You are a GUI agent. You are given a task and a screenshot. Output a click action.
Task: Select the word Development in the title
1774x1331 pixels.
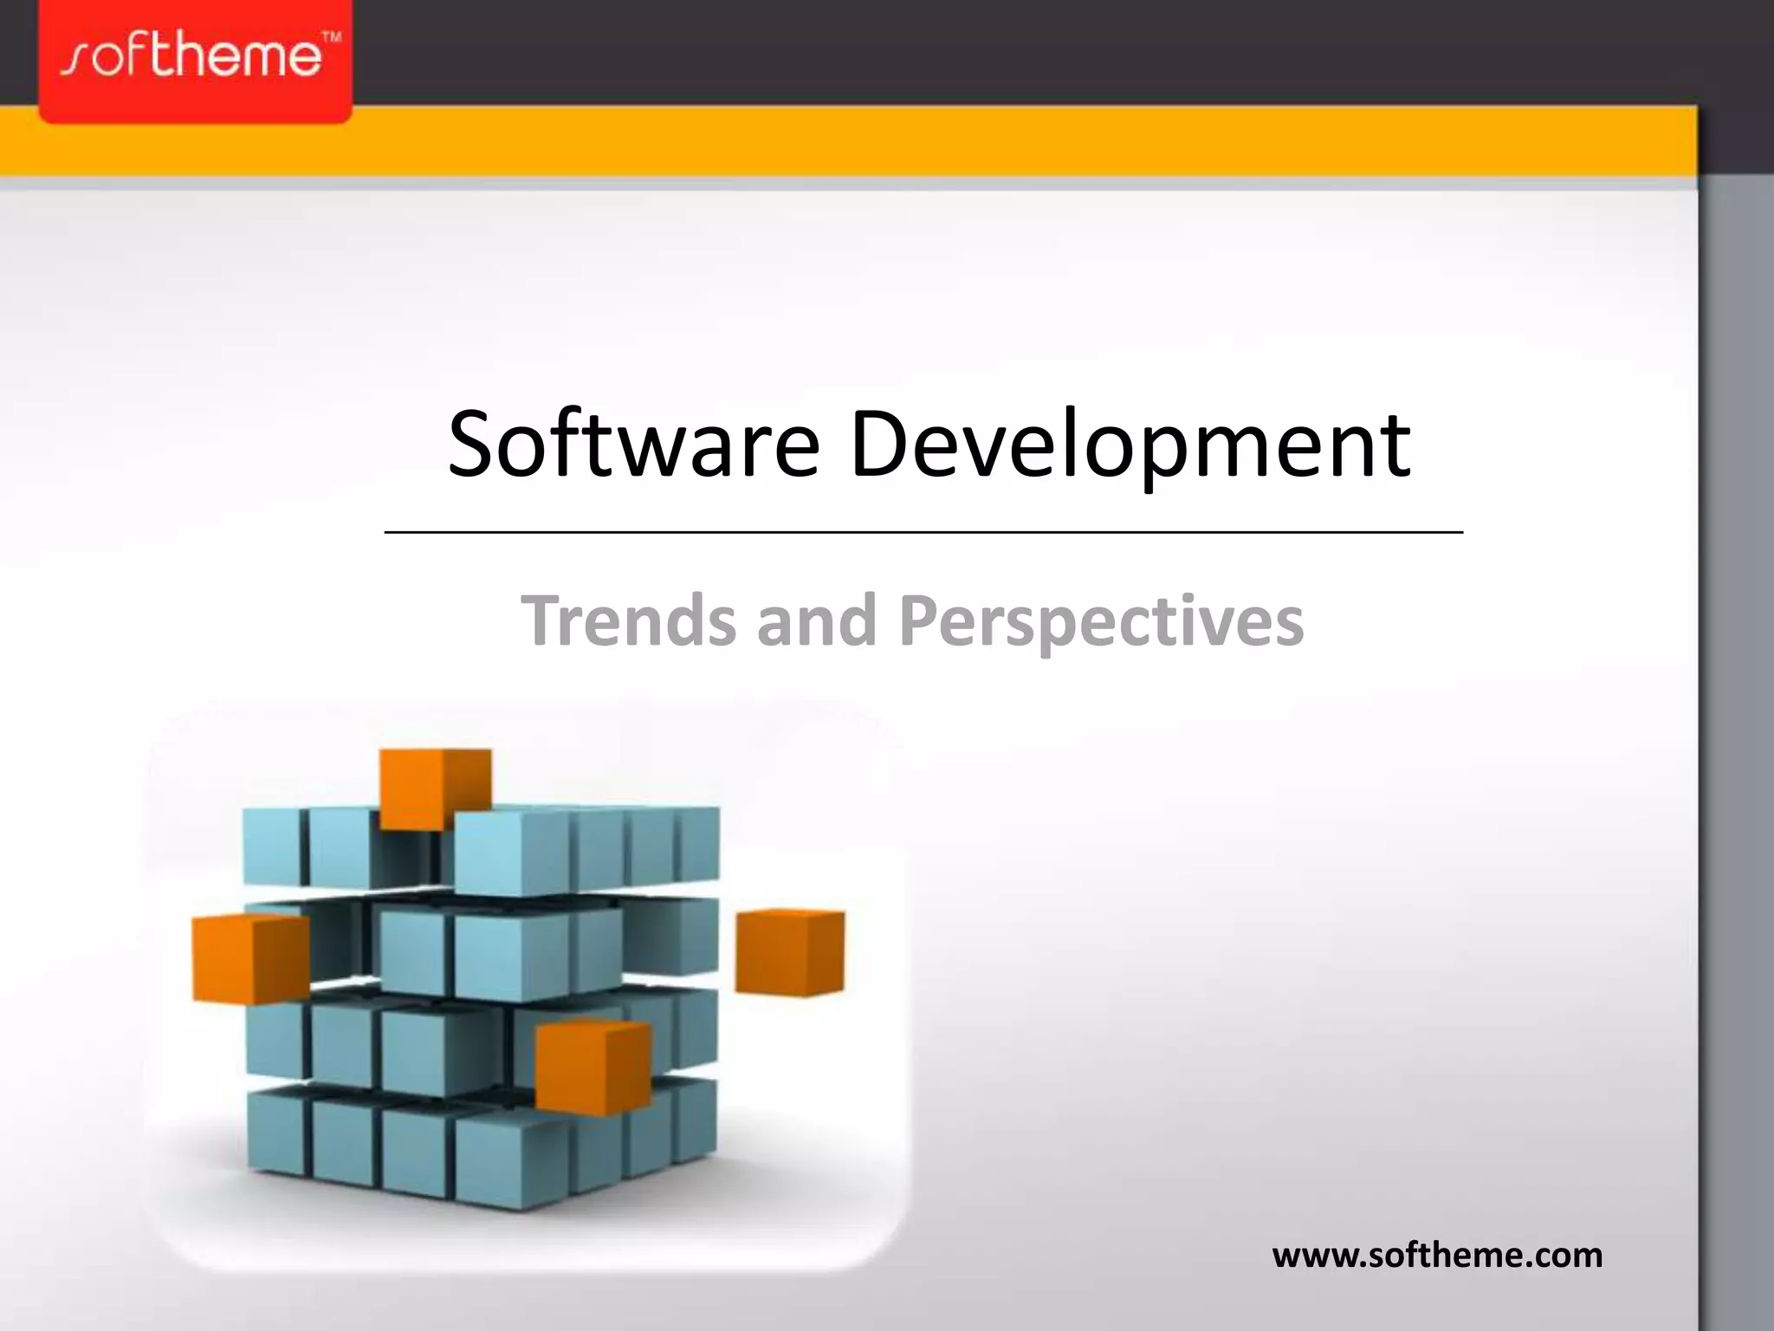[x=1130, y=446]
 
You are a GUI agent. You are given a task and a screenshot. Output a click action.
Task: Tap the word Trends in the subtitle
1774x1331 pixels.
[x=629, y=620]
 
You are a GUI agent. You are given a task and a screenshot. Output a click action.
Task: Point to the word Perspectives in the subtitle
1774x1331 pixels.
[x=1101, y=622]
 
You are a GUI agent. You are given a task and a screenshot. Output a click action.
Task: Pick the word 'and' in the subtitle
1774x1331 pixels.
[x=816, y=620]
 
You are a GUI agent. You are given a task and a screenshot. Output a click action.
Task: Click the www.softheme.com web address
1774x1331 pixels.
[x=1437, y=1256]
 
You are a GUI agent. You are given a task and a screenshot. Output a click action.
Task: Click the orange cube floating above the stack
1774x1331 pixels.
[x=435, y=788]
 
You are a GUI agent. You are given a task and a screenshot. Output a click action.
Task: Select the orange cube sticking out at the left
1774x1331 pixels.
[x=250, y=958]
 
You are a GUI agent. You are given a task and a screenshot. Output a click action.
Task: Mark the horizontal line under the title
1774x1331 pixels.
[x=923, y=532]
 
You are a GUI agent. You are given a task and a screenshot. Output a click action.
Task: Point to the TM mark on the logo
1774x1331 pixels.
[x=332, y=38]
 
